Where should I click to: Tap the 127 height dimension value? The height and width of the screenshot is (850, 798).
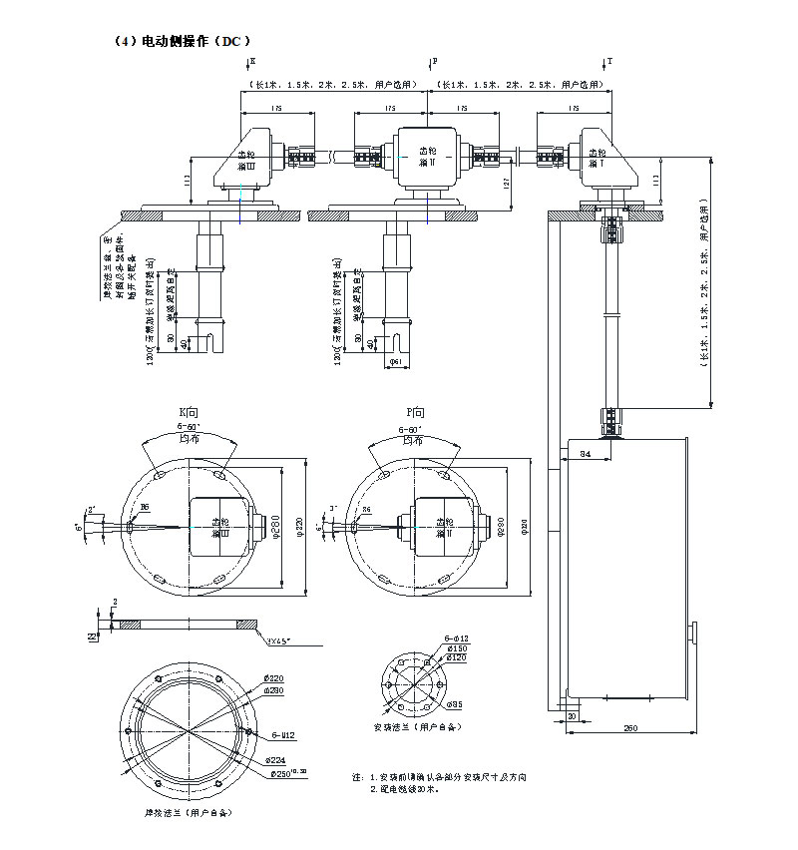tap(508, 184)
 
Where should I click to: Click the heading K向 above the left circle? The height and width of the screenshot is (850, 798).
tap(190, 412)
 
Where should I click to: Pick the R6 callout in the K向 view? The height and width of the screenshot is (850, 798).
tap(145, 509)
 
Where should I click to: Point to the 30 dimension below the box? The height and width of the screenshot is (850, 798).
tap(572, 716)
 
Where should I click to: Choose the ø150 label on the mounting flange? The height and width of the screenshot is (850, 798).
tap(456, 648)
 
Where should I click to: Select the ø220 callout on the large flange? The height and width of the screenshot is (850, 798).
tap(272, 678)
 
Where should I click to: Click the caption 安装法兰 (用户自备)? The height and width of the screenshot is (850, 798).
tap(416, 727)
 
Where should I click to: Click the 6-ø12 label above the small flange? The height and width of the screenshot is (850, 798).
tap(456, 638)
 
